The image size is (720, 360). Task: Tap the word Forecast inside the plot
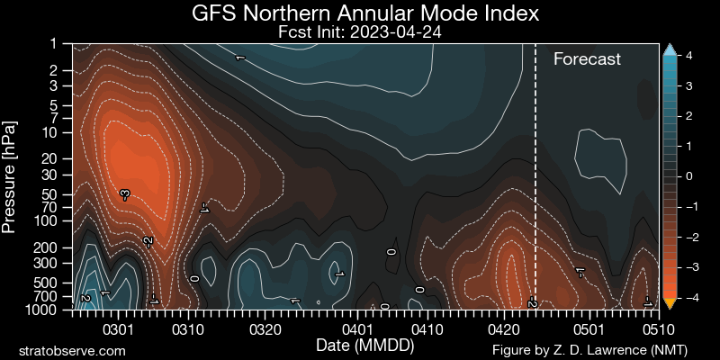click(x=587, y=59)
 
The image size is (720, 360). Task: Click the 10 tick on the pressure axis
click(x=49, y=132)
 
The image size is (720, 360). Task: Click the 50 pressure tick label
click(x=49, y=193)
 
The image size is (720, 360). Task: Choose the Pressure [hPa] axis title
click(x=11, y=176)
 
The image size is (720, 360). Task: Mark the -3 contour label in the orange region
click(x=125, y=193)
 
